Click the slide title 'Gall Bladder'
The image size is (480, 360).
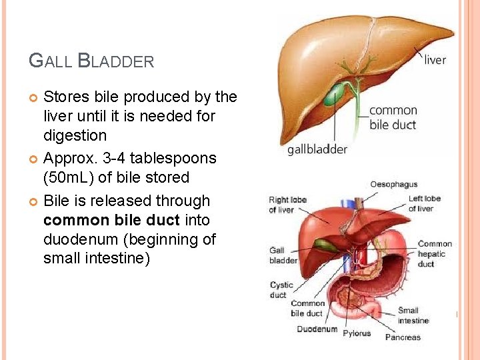click(91, 61)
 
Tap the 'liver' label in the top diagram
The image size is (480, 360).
click(435, 60)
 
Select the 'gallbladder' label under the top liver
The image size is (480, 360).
click(317, 149)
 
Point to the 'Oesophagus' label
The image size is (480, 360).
click(393, 185)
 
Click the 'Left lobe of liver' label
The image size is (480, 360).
click(425, 203)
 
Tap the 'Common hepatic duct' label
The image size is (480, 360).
click(435, 253)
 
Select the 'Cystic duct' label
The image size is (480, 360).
click(281, 290)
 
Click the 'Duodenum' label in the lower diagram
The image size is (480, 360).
click(317, 329)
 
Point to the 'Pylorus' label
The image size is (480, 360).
click(357, 333)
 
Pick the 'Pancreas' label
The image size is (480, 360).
click(403, 337)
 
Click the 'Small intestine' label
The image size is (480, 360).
click(413, 315)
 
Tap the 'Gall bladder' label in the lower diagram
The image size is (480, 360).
click(283, 255)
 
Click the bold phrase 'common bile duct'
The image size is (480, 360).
click(111, 220)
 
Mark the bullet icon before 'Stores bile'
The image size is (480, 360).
click(34, 98)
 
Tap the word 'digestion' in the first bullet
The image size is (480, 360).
click(75, 135)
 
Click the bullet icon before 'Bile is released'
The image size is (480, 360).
click(34, 201)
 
